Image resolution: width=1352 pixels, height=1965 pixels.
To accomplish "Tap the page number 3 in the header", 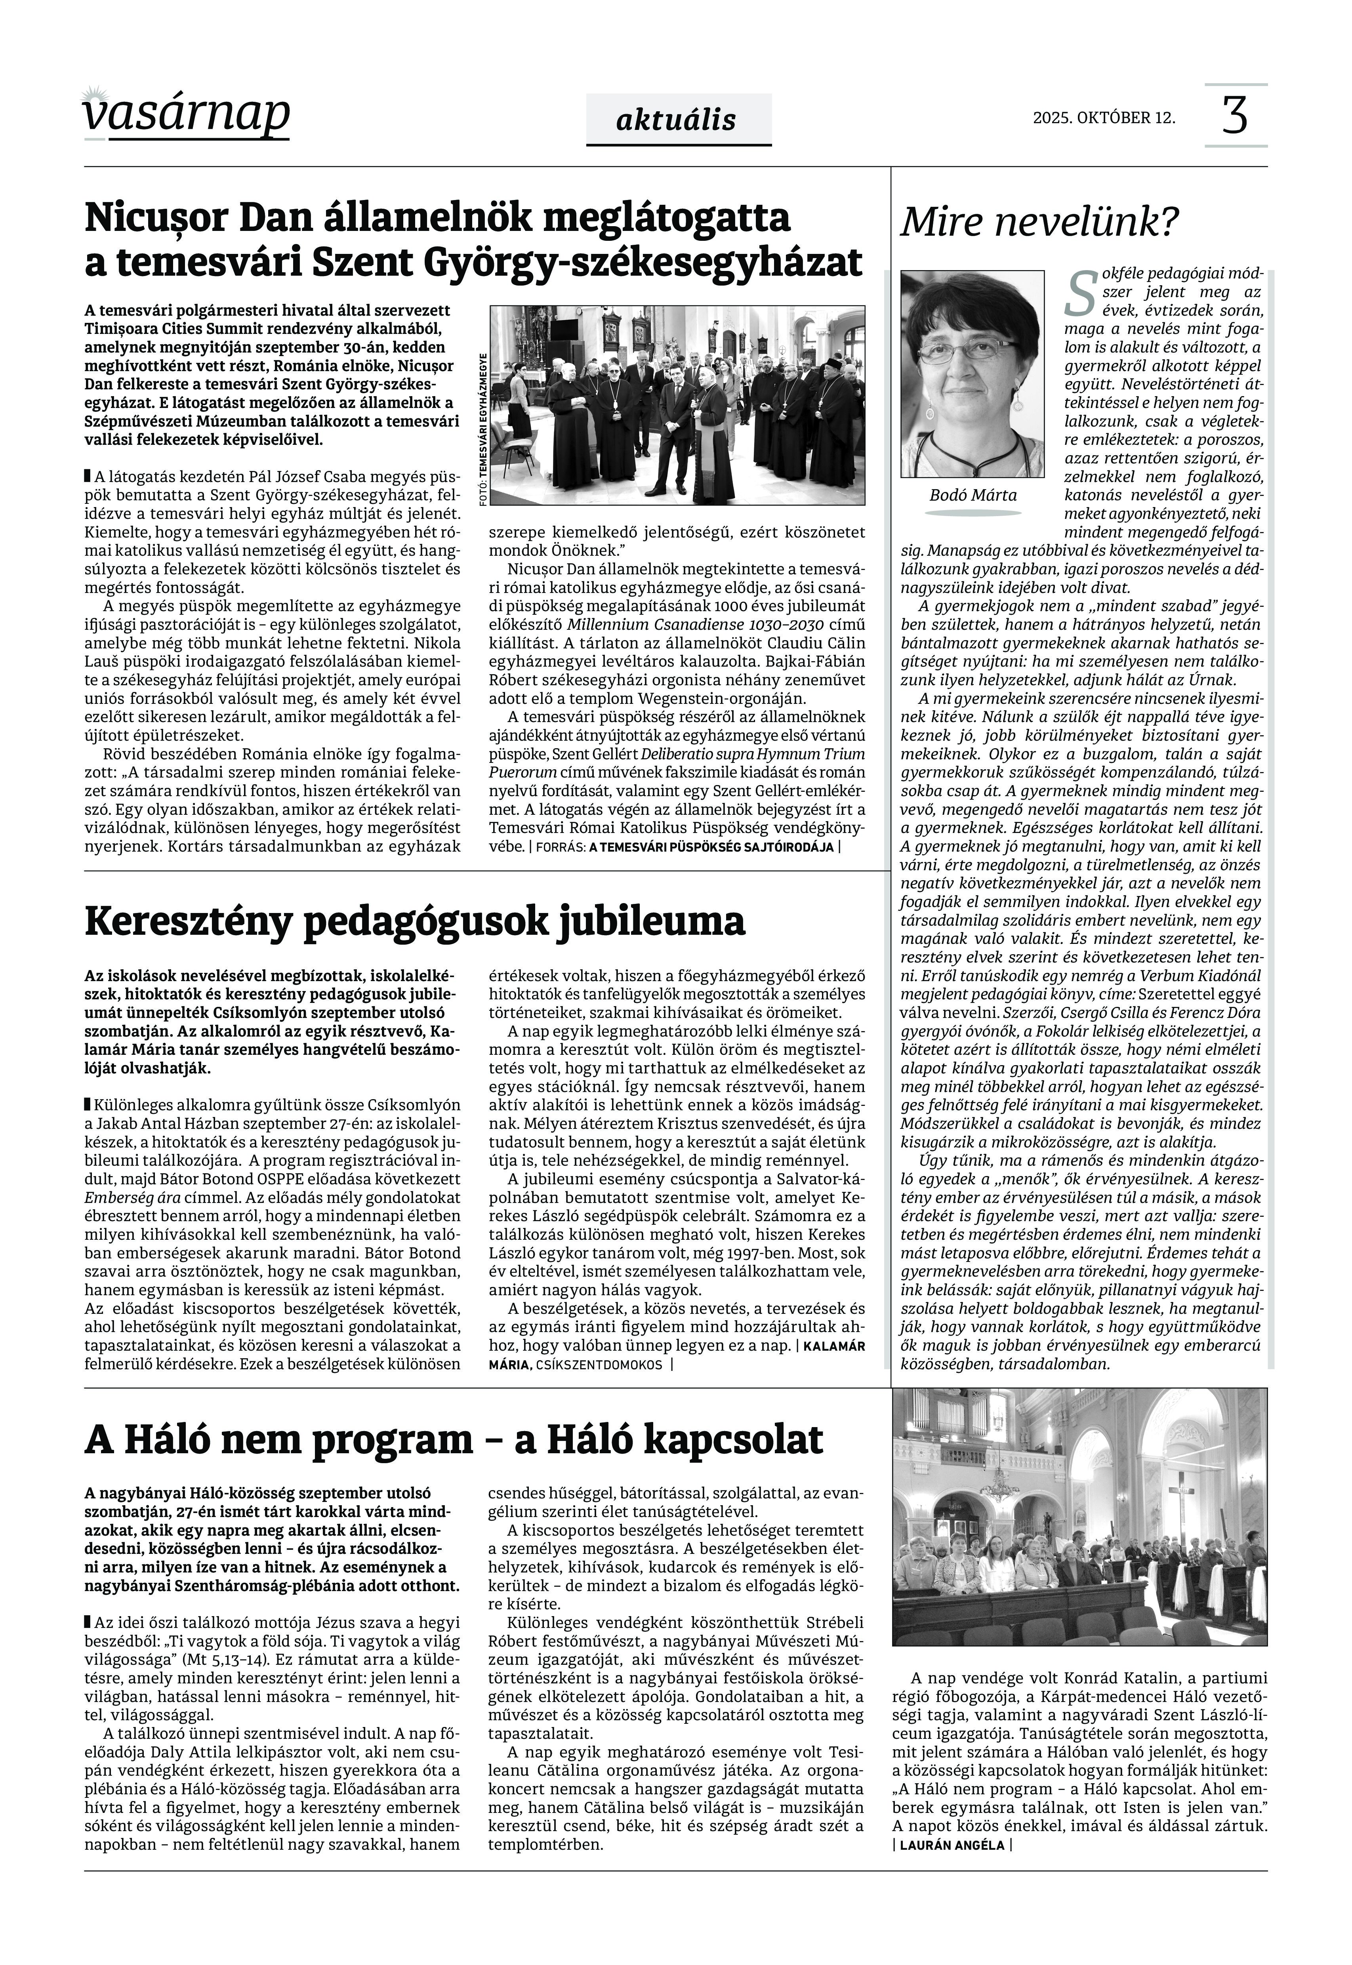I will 1235,116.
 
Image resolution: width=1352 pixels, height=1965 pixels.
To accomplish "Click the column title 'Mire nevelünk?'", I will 1039,222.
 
